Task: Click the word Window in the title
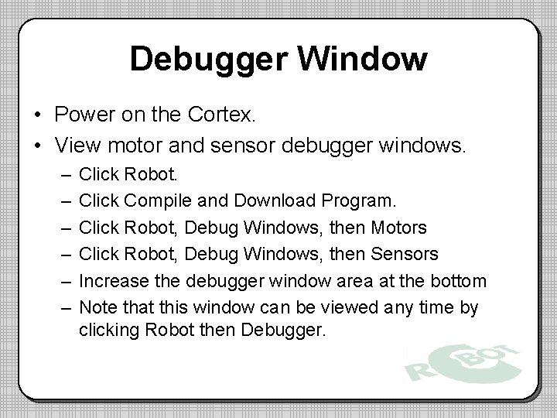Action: (x=363, y=59)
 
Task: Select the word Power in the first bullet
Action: (x=81, y=115)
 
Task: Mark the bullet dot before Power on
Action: (x=37, y=116)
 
